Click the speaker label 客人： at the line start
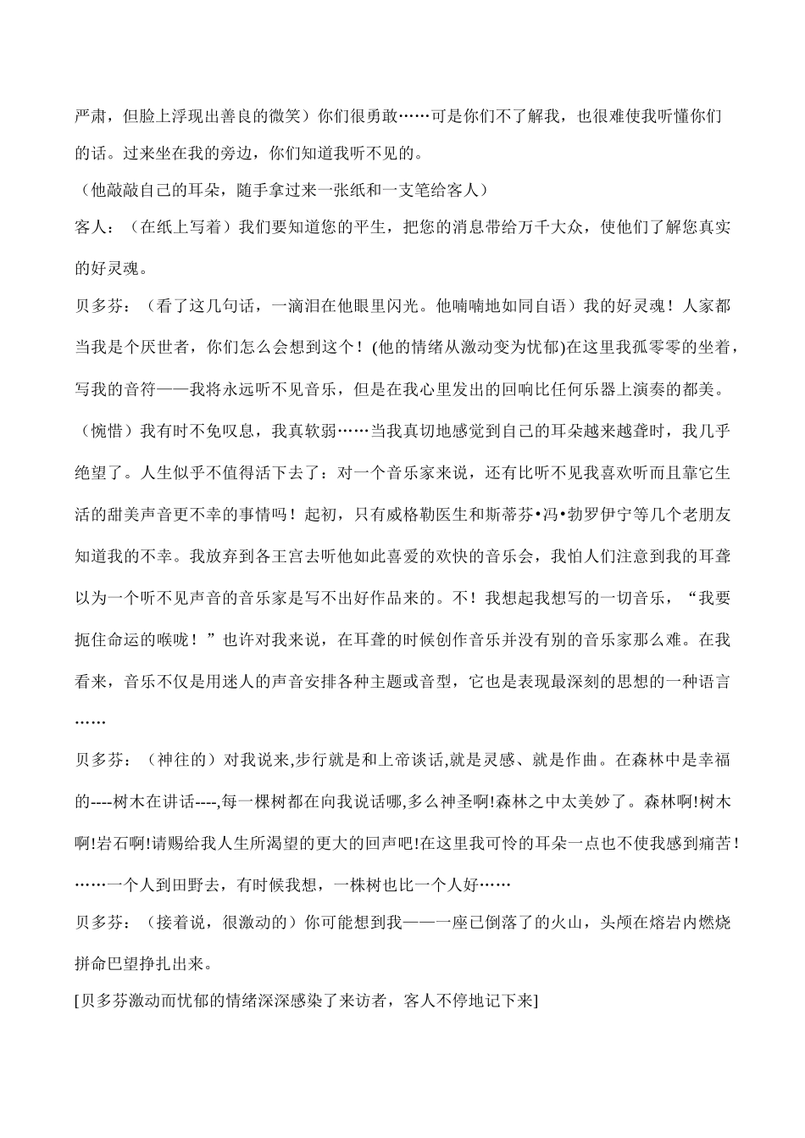pos(94,227)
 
